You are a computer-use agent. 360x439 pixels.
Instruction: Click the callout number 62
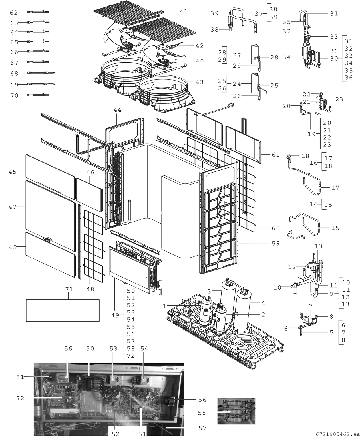13,13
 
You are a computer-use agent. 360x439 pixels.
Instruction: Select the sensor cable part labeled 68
41,73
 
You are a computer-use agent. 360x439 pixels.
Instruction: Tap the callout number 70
14,95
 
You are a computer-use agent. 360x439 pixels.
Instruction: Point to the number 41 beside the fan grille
184,11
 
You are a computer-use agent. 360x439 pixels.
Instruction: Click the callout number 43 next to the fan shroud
200,82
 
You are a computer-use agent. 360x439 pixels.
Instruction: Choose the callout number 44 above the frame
117,110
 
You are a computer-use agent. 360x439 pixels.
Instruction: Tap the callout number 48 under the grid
90,289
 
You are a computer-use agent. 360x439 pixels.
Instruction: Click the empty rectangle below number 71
63,310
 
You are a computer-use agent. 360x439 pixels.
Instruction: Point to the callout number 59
275,243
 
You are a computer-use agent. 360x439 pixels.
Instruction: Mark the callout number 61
275,155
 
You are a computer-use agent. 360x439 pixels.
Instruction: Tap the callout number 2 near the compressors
263,315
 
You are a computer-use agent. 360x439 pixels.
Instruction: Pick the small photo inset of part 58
236,411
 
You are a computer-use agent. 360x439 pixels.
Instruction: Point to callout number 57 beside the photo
202,428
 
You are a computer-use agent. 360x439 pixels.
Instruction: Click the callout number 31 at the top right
334,13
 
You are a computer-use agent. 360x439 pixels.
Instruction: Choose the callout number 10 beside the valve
277,288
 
